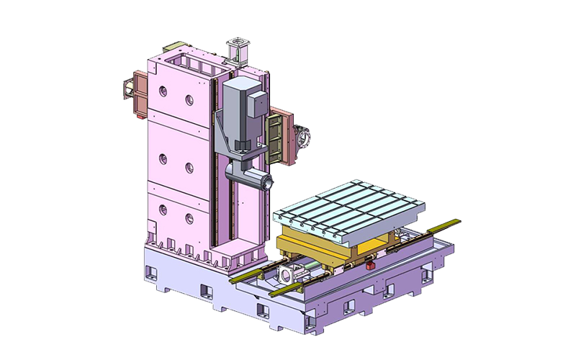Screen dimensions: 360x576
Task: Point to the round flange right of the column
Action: [302, 136]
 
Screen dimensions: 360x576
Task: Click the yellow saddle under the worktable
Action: [338, 248]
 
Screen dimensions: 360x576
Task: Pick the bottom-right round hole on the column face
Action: [189, 218]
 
